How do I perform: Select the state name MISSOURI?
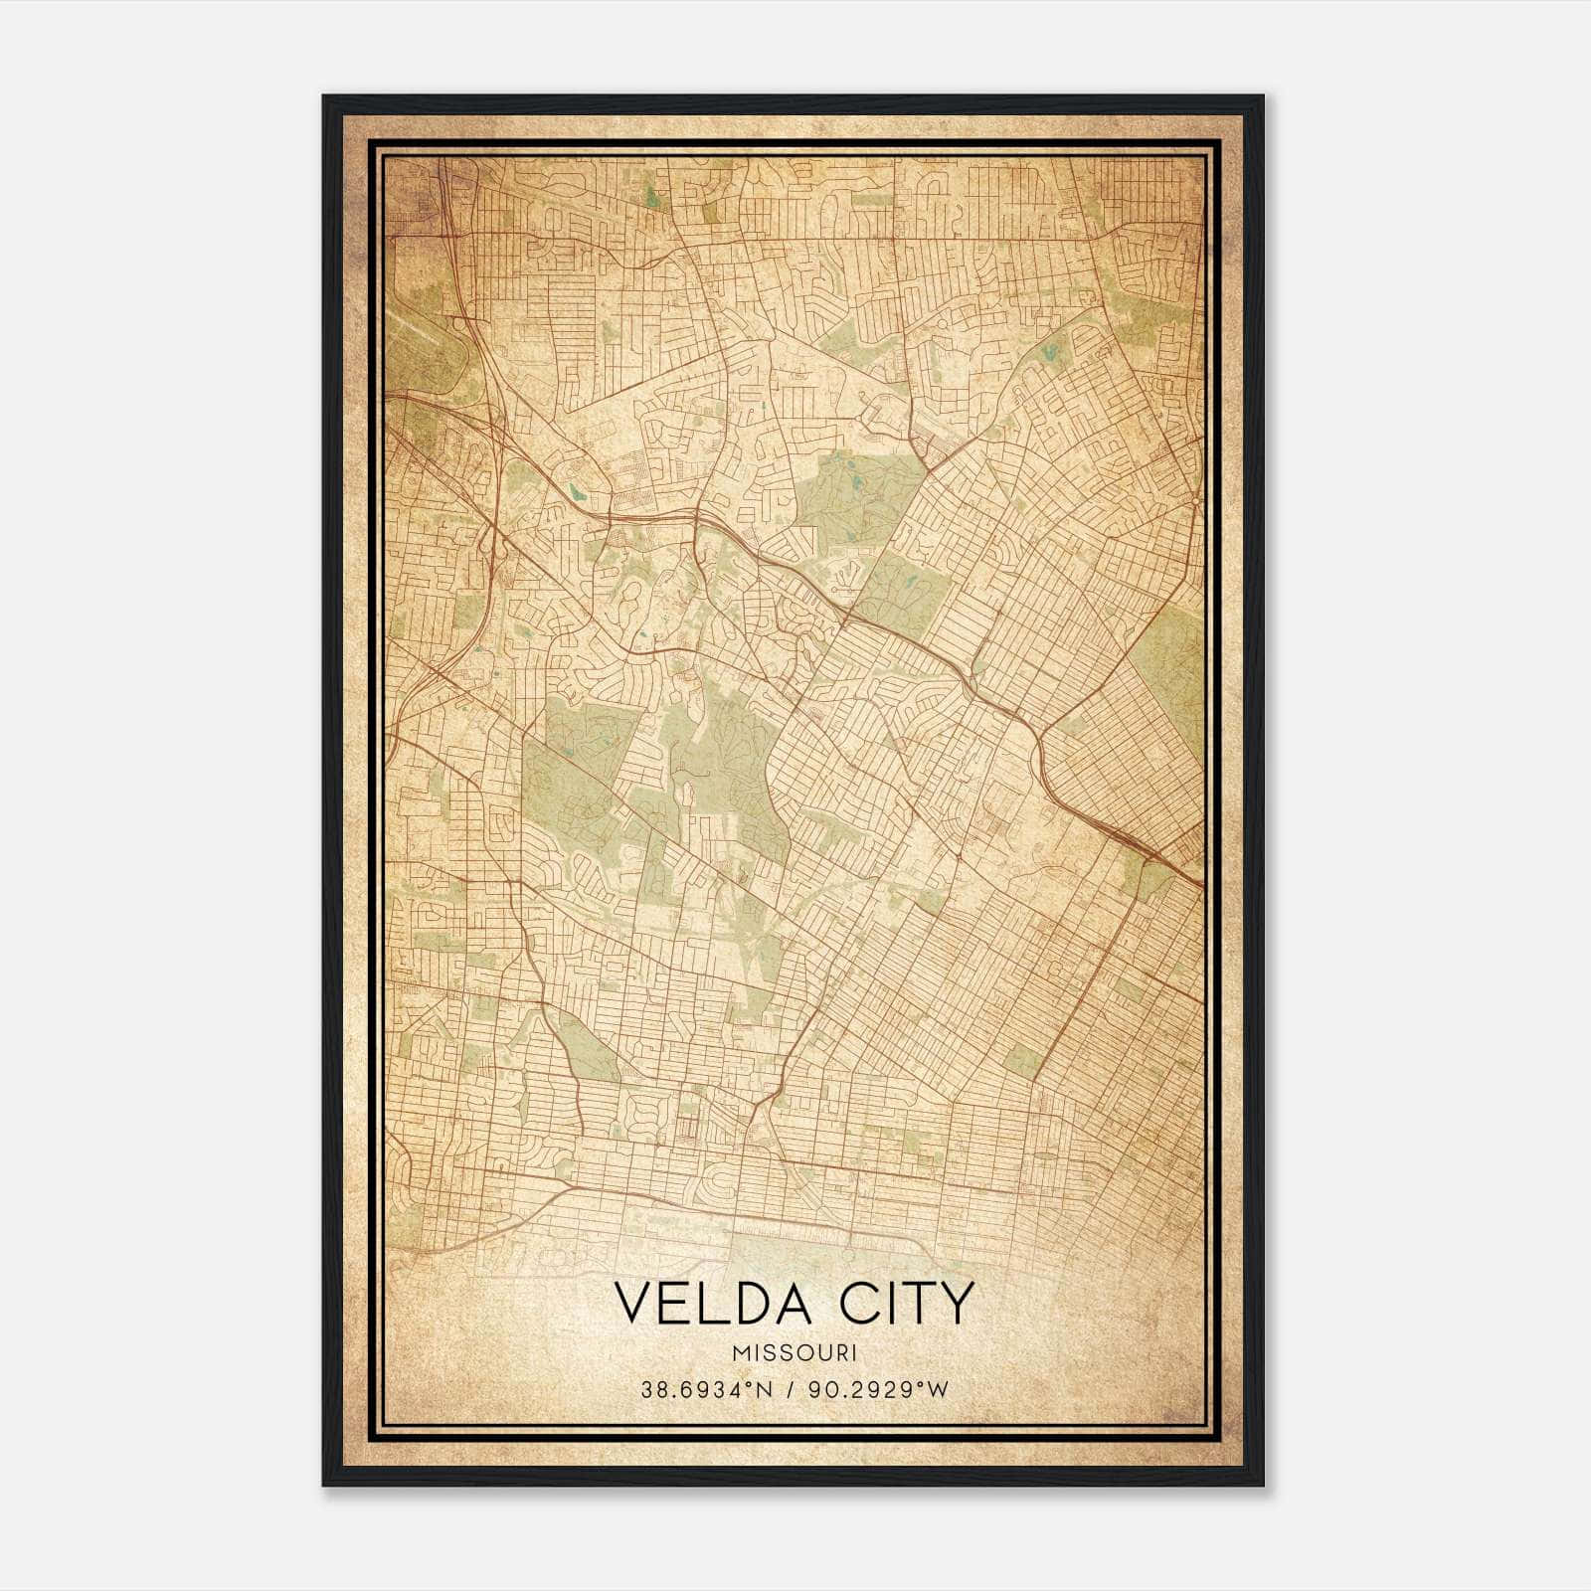pyautogui.click(x=794, y=1353)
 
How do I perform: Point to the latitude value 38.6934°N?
pyautogui.click(x=707, y=1390)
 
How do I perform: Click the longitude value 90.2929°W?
pyautogui.click(x=876, y=1390)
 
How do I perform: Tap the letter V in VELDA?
pyautogui.click(x=632, y=1304)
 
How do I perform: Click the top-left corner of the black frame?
pyautogui.click(x=324, y=96)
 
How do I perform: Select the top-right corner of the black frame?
pyautogui.click(x=1263, y=96)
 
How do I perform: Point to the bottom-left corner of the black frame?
pyautogui.click(x=324, y=1485)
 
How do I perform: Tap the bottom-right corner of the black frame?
pyautogui.click(x=1263, y=1485)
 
